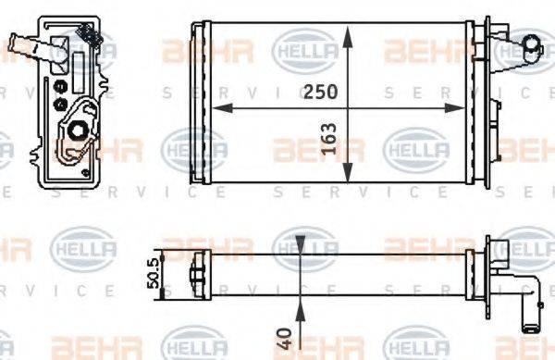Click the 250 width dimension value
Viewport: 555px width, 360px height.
click(319, 92)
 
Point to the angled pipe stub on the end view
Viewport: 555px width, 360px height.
click(20, 45)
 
